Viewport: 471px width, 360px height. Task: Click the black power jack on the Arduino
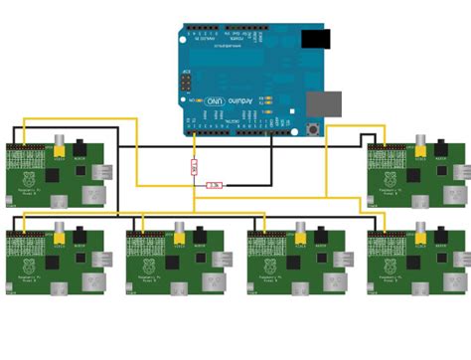316,39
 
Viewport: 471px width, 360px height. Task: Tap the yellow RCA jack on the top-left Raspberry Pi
61,144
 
